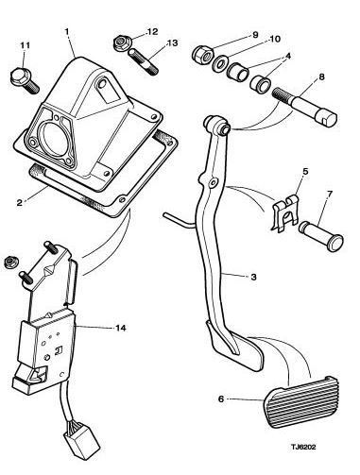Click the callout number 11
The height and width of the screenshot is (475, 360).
click(x=26, y=45)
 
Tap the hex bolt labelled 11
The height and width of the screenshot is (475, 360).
click(x=25, y=80)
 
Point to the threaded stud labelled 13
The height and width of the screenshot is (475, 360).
click(x=144, y=61)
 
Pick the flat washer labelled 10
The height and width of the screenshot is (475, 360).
click(x=218, y=63)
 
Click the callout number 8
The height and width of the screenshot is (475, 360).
click(x=321, y=76)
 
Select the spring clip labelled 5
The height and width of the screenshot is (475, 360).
click(x=284, y=212)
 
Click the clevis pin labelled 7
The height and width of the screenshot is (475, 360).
click(x=320, y=235)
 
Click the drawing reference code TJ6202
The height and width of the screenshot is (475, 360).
click(x=303, y=447)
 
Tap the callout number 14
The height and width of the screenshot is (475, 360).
click(x=121, y=328)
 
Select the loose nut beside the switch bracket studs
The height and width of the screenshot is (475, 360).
click(x=11, y=262)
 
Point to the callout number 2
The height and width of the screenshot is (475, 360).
click(x=20, y=202)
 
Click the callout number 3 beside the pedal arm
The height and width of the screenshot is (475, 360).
click(x=254, y=277)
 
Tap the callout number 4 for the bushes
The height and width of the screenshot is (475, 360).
click(x=287, y=56)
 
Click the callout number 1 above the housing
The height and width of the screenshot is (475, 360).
click(x=67, y=31)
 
